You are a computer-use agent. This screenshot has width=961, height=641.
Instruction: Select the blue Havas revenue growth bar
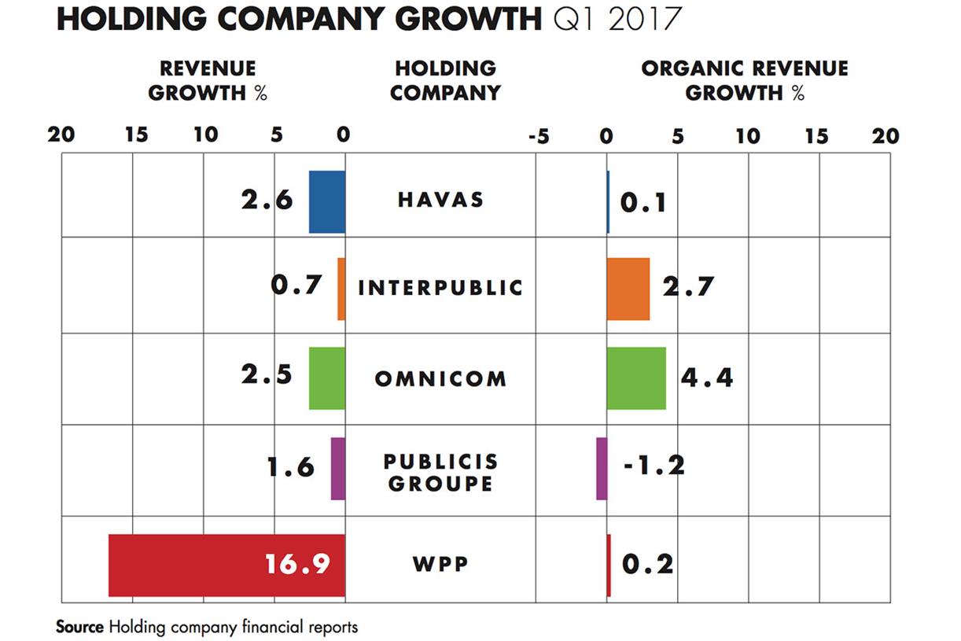click(x=327, y=201)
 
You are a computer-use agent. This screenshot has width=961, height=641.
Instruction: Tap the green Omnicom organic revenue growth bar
click(x=636, y=378)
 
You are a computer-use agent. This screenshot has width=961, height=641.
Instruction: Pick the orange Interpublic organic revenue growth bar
click(x=628, y=289)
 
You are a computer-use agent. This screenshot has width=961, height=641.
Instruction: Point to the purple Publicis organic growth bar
click(x=602, y=468)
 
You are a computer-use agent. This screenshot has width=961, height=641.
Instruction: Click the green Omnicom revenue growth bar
click(x=327, y=378)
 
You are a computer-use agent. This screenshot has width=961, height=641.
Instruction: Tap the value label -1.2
click(x=654, y=466)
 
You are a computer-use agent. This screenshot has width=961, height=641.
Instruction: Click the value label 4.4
click(x=706, y=378)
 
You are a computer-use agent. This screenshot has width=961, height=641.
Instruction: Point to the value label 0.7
click(x=296, y=284)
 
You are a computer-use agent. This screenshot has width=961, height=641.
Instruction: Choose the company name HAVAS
click(x=440, y=200)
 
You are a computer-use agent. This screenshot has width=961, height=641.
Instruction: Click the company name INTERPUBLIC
click(x=440, y=288)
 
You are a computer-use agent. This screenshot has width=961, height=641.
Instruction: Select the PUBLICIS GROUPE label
click(x=440, y=472)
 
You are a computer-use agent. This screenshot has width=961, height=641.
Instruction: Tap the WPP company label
click(x=440, y=565)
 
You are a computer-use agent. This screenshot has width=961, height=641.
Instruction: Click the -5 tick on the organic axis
click(x=538, y=137)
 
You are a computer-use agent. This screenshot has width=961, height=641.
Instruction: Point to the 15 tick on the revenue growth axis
click(x=135, y=135)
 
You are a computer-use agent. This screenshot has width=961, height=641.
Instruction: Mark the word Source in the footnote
click(x=79, y=627)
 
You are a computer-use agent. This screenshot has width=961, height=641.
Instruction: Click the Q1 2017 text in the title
click(x=616, y=20)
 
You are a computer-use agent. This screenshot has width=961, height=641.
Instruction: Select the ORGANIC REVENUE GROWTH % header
click(x=744, y=80)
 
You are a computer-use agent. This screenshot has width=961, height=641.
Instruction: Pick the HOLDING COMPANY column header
click(x=445, y=80)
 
